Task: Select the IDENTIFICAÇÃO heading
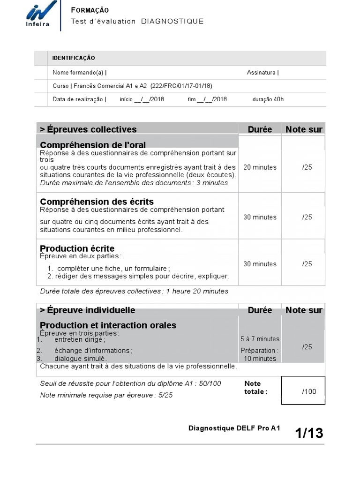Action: [74, 58]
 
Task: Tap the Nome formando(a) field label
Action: [79, 73]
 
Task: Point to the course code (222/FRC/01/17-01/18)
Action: [181, 86]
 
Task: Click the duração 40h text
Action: [268, 99]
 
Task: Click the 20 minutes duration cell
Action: [260, 167]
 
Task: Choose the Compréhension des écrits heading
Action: [97, 202]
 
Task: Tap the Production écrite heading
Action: [77, 248]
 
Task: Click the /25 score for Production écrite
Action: [307, 264]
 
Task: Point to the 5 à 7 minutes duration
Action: [260, 339]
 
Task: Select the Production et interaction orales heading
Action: [108, 325]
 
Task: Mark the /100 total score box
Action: [308, 391]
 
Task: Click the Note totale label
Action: [255, 388]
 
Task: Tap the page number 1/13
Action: [309, 433]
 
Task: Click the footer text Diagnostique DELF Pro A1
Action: [234, 428]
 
